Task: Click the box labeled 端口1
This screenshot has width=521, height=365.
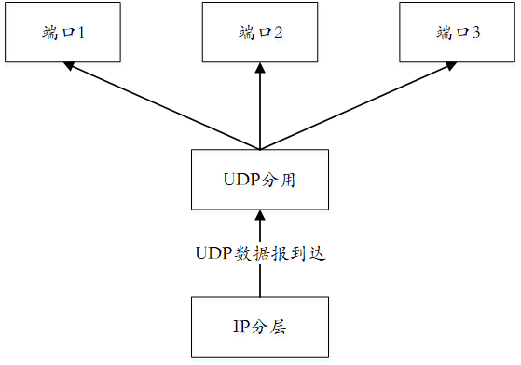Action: click(x=64, y=34)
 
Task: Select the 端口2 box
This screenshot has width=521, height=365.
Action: click(x=260, y=34)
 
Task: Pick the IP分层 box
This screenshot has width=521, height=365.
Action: click(x=260, y=327)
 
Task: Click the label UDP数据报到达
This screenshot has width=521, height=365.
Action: click(x=260, y=253)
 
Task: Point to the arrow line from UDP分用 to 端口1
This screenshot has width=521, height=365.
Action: click(x=163, y=106)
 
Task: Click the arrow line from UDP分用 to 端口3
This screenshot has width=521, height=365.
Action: click(x=359, y=106)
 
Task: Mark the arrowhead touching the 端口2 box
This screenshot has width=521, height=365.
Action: click(x=260, y=70)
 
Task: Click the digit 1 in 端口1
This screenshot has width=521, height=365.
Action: click(x=81, y=34)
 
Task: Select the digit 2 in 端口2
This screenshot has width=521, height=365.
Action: click(x=278, y=34)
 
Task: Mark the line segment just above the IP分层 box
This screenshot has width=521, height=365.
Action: click(x=260, y=282)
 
